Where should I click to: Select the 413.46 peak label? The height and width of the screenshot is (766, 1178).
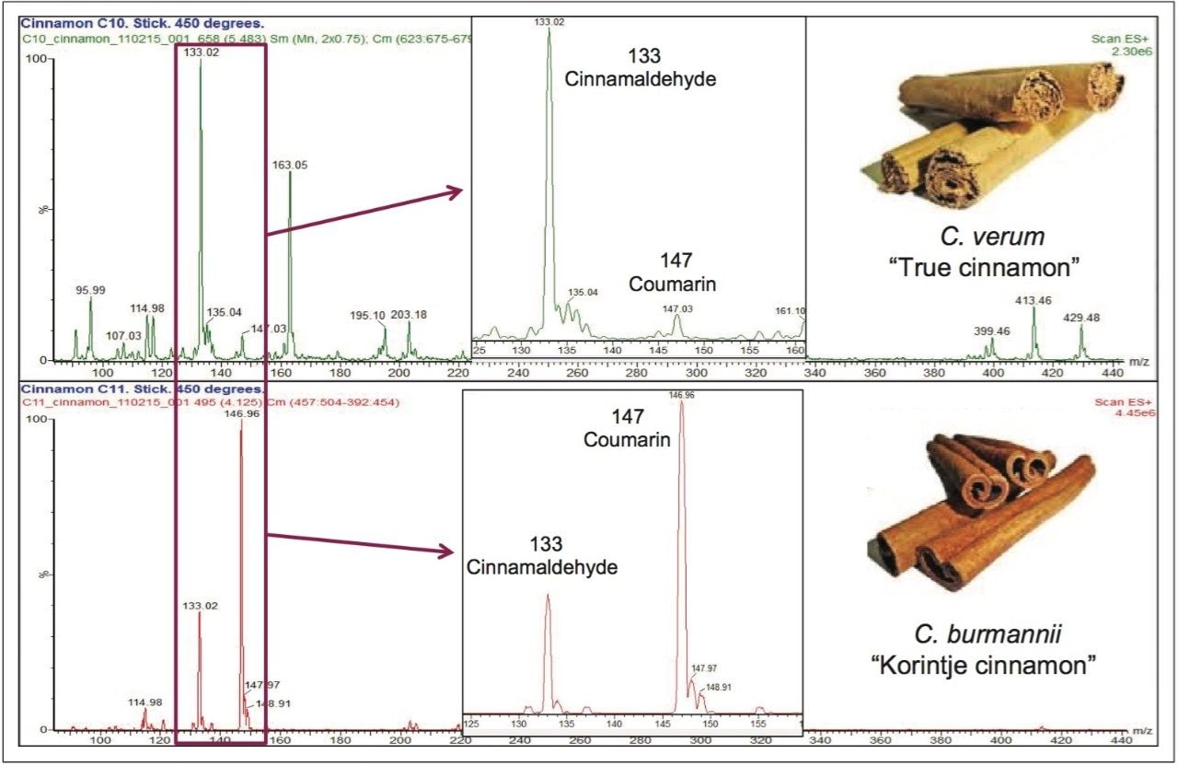[x=1034, y=300]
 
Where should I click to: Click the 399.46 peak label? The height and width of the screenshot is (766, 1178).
[x=992, y=331]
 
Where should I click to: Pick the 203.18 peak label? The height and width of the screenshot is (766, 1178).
[x=409, y=315]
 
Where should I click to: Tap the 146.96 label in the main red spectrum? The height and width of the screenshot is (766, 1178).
[x=242, y=413]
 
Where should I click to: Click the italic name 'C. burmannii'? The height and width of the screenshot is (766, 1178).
[x=982, y=634]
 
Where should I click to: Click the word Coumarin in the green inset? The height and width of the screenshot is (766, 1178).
[x=673, y=284]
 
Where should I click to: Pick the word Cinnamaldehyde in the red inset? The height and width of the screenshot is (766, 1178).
[x=542, y=568]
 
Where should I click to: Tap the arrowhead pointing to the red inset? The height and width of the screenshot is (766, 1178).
[x=446, y=551]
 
